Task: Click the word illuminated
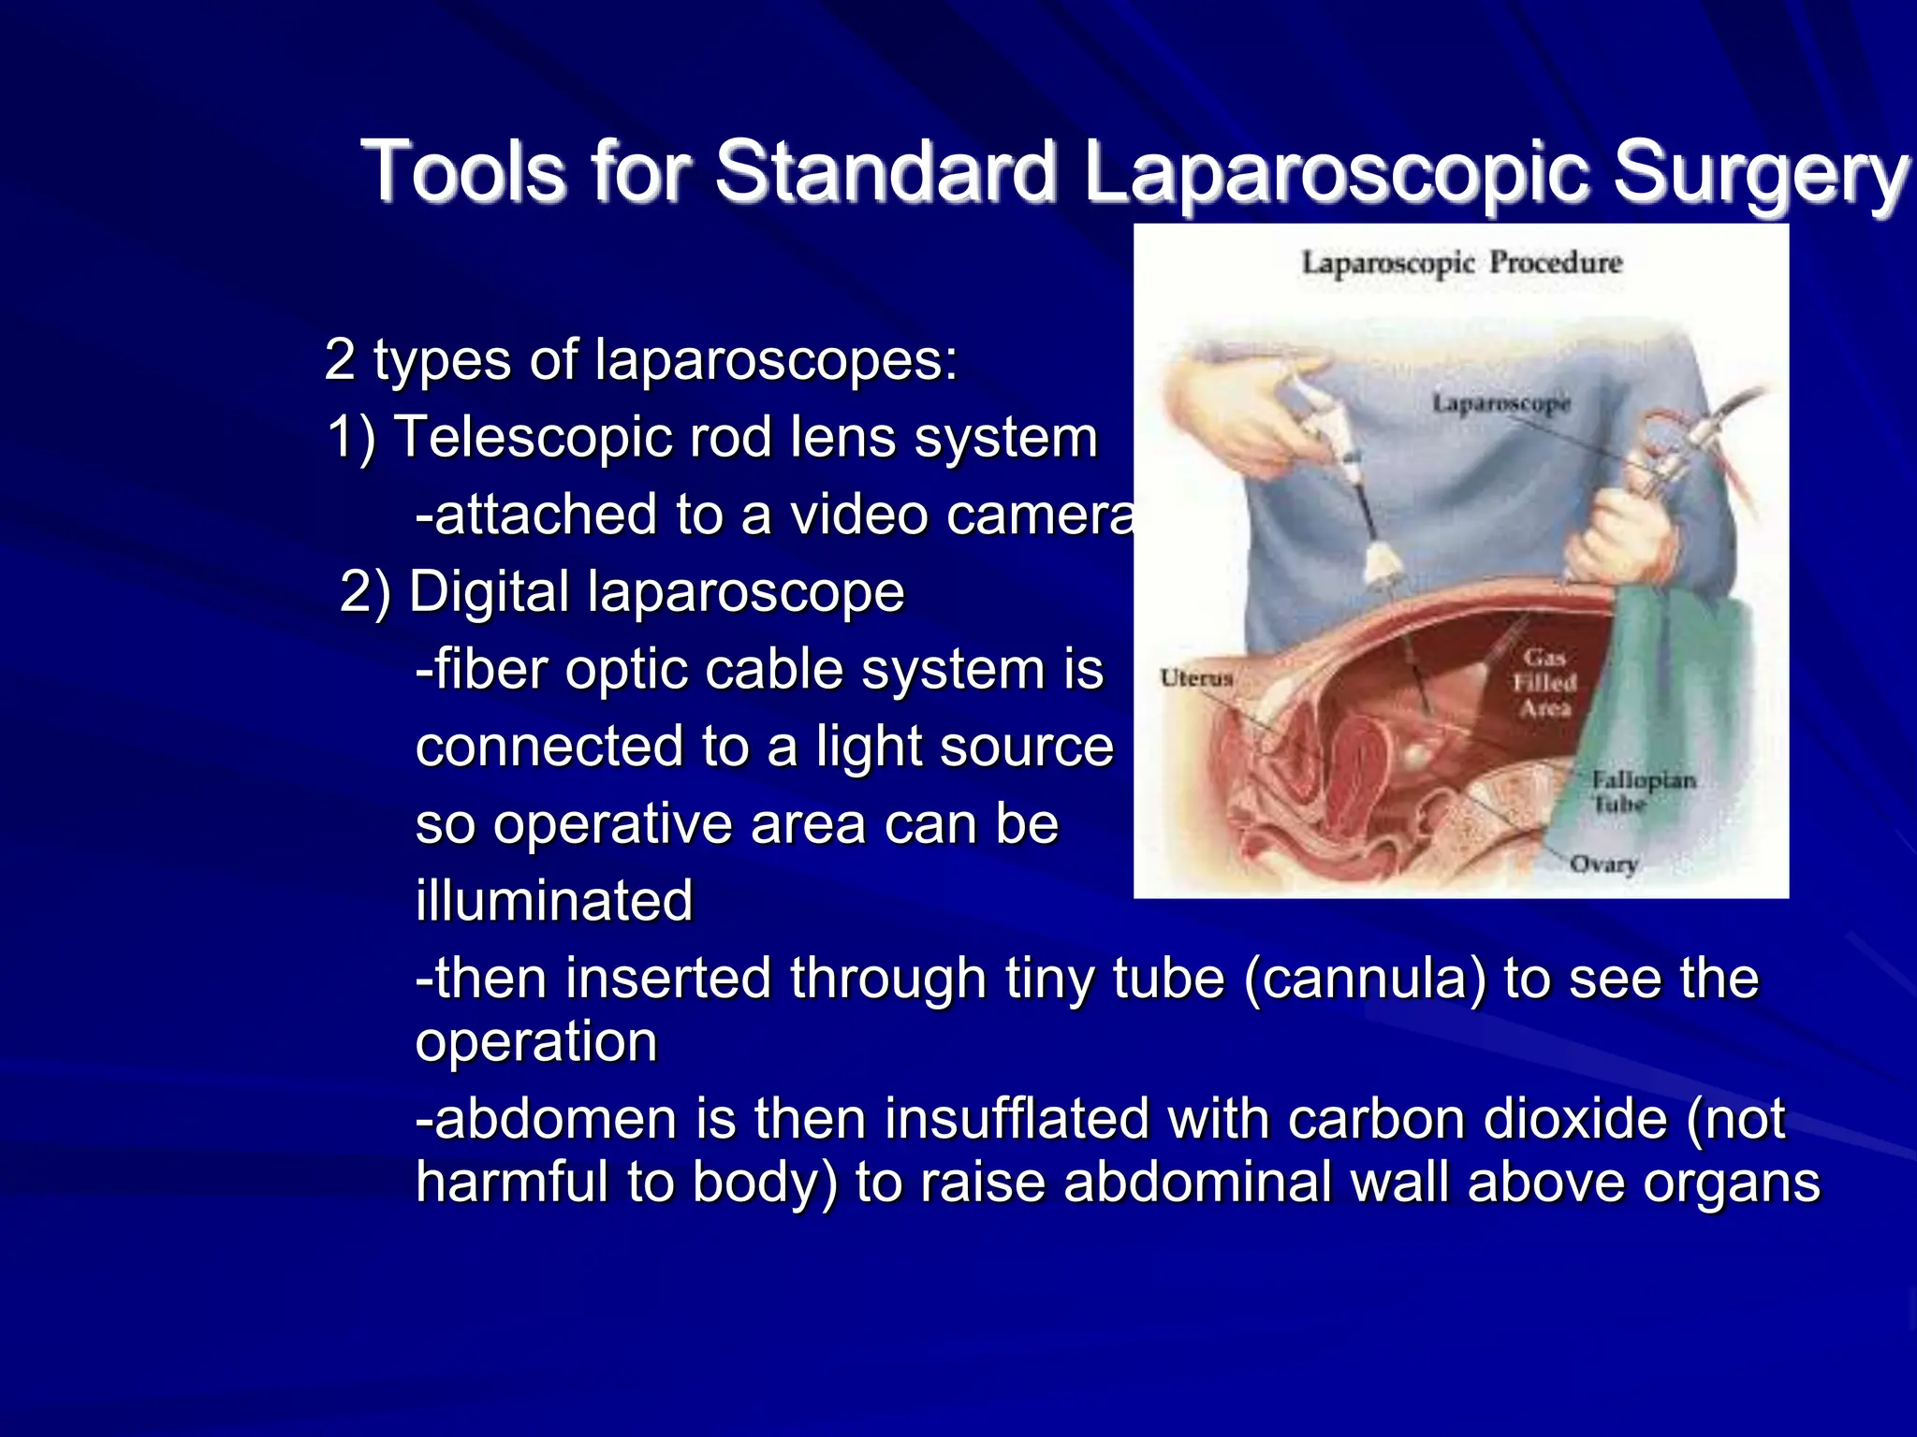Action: click(x=554, y=901)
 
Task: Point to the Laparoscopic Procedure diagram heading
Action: click(x=1461, y=263)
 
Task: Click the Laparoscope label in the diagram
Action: click(x=1500, y=403)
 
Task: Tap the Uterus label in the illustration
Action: click(x=1196, y=677)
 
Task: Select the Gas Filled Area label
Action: click(x=1544, y=683)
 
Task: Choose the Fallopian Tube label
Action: click(x=1644, y=791)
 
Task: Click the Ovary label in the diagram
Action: click(x=1603, y=863)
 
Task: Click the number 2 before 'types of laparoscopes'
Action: click(x=340, y=360)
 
